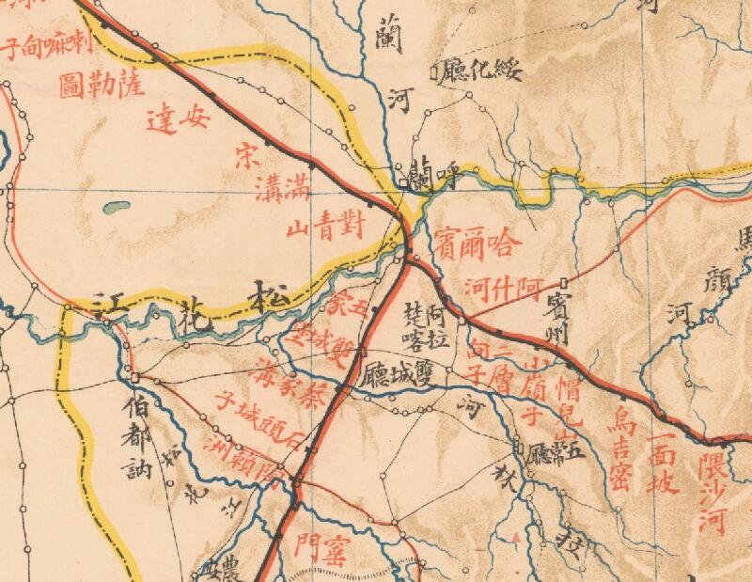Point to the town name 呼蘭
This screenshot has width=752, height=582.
(433, 174)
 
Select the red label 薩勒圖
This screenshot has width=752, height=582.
(101, 83)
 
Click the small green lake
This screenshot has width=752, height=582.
(117, 206)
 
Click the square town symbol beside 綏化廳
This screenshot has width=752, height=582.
(434, 71)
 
